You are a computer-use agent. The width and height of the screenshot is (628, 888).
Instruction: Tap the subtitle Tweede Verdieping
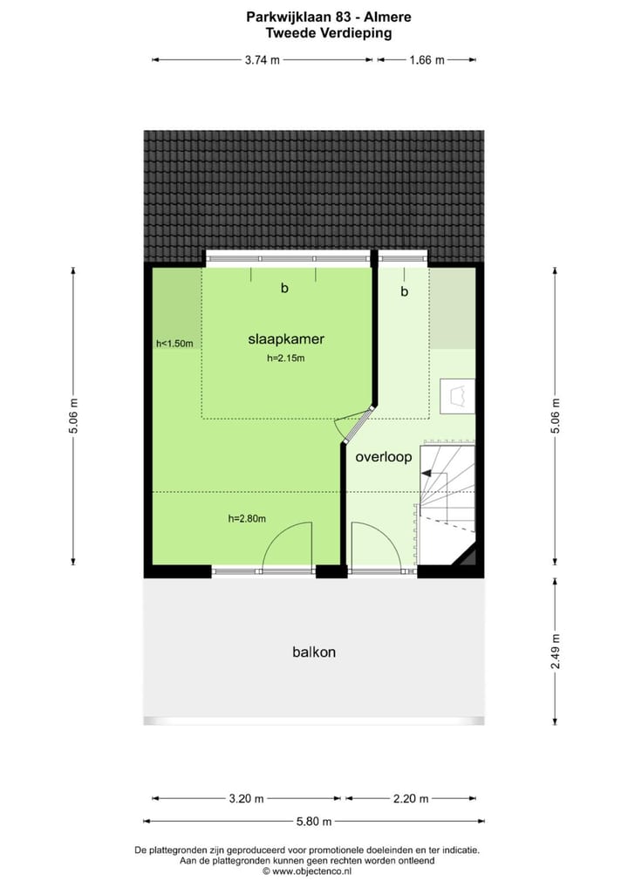[316, 33]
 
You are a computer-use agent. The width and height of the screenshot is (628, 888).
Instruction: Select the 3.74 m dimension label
[262, 60]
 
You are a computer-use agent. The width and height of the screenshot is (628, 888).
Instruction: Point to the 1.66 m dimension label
[427, 60]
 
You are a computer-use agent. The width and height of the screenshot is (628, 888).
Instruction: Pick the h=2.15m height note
[285, 358]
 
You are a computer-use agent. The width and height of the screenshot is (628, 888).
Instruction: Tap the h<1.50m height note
[174, 344]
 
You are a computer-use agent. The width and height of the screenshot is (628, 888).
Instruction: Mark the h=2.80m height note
[247, 519]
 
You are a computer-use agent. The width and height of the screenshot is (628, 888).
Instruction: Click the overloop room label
[383, 456]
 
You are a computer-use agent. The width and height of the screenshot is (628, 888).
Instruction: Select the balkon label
[315, 652]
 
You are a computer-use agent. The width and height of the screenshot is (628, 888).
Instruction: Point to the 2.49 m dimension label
[556, 651]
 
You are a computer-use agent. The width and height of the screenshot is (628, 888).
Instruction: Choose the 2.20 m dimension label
[411, 798]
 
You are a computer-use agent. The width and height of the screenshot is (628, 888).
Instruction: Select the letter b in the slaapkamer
[284, 288]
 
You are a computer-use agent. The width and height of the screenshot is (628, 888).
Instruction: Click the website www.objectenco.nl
[311, 871]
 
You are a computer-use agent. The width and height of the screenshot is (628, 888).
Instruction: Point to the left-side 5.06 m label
[73, 415]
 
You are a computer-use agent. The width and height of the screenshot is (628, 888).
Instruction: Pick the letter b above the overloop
[404, 292]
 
